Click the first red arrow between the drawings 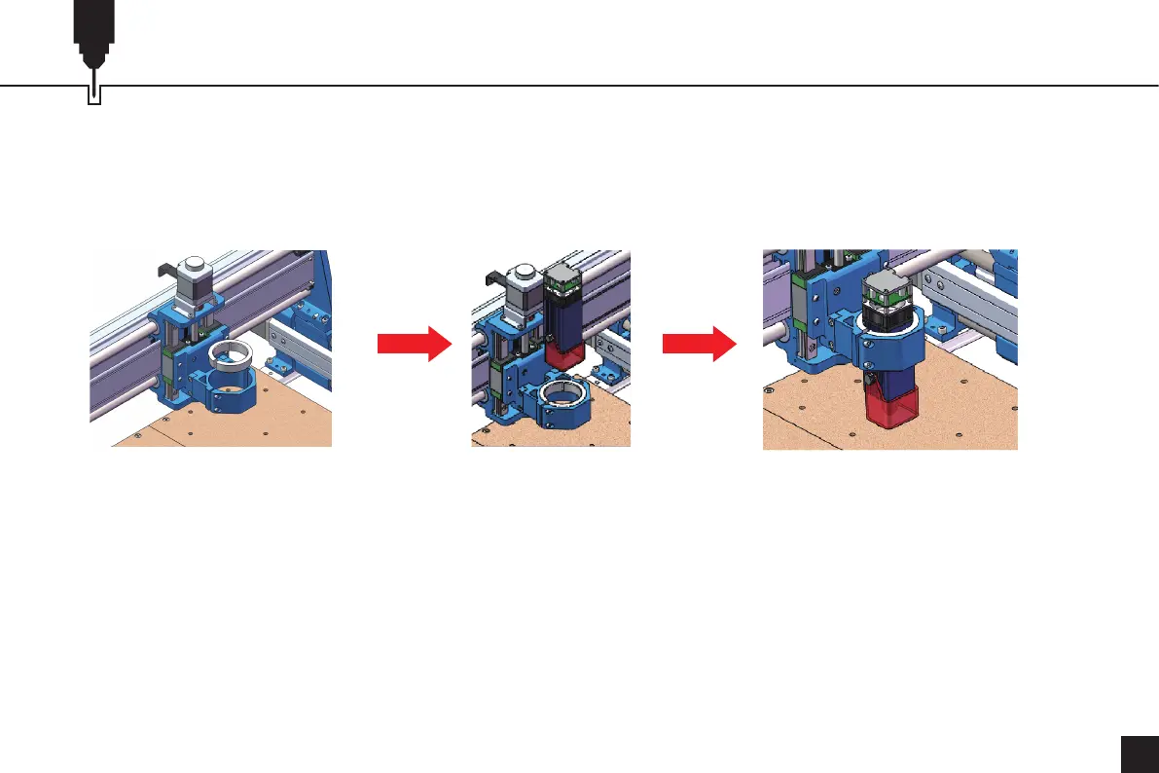pyautogui.click(x=414, y=344)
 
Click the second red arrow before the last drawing pyautogui.click(x=699, y=344)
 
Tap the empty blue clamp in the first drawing pyautogui.click(x=230, y=390)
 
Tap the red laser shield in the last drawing pyautogui.click(x=892, y=405)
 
